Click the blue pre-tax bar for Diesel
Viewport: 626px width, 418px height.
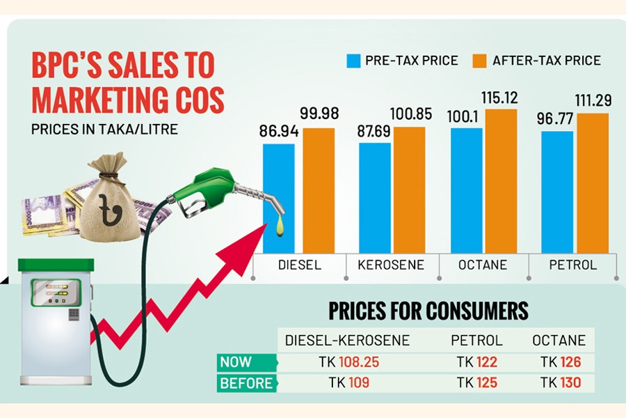(x=278, y=199)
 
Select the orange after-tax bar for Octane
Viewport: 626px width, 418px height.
(x=501, y=181)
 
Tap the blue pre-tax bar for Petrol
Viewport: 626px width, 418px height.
(x=557, y=192)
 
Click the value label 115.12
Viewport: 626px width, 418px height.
(x=501, y=97)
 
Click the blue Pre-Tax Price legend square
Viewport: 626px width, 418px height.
(x=353, y=60)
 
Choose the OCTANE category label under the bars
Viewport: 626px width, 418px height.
(x=483, y=265)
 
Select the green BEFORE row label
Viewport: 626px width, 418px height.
(x=244, y=383)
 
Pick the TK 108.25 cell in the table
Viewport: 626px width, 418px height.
(x=348, y=363)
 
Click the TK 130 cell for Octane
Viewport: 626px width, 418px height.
(x=560, y=383)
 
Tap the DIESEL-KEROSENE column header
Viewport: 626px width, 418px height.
(x=348, y=341)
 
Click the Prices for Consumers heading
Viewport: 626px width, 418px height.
(x=428, y=311)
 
